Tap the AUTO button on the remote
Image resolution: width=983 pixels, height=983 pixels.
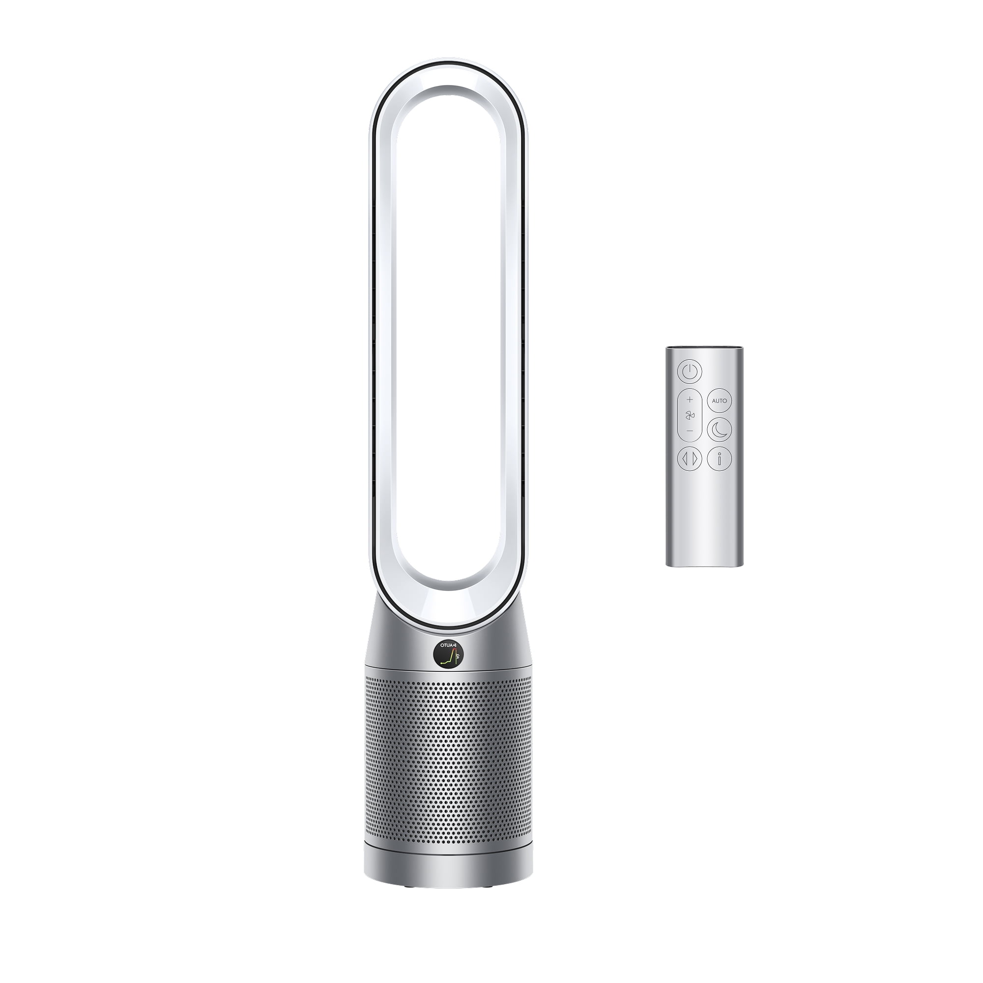point(720,401)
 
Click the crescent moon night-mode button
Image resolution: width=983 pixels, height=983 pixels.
point(720,429)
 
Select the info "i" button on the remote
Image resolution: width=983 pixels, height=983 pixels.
point(720,459)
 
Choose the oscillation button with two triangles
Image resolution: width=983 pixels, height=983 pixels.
point(690,459)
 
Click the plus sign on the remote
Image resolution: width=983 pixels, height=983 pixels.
point(690,399)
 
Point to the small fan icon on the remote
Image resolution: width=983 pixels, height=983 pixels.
point(690,416)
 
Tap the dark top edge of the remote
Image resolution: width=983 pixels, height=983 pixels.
point(704,348)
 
